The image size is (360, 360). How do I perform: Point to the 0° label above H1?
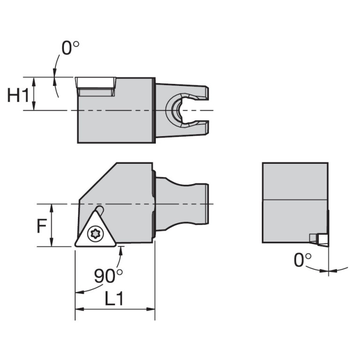70,48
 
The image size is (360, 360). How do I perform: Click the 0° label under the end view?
302,260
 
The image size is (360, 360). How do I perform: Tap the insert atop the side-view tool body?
96,86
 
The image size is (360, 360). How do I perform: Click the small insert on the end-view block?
321,239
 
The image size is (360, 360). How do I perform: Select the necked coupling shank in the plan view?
181,204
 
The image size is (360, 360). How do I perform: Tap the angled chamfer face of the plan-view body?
96,184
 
